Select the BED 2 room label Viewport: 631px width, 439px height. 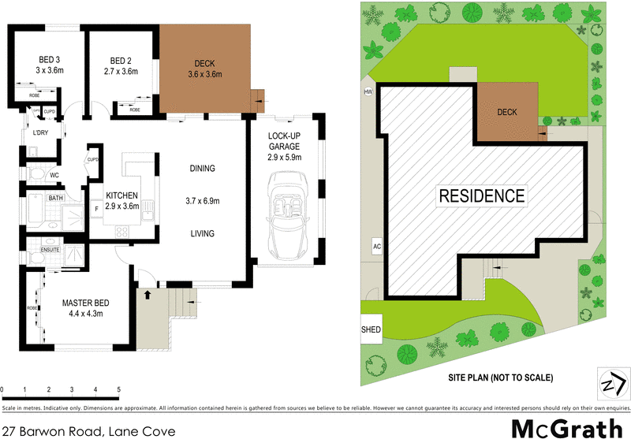coord(121,59)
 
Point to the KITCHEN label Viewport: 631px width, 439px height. coord(122,195)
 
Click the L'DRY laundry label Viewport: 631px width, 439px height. coord(40,132)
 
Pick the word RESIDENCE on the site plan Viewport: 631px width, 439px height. coord(482,195)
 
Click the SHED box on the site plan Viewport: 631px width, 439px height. coord(370,329)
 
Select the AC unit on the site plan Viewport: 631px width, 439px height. coord(377,247)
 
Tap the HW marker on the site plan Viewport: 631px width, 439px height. coord(368,92)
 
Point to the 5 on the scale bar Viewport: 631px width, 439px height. coord(118,390)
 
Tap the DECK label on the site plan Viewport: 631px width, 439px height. coord(506,112)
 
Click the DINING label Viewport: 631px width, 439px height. coord(203,168)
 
